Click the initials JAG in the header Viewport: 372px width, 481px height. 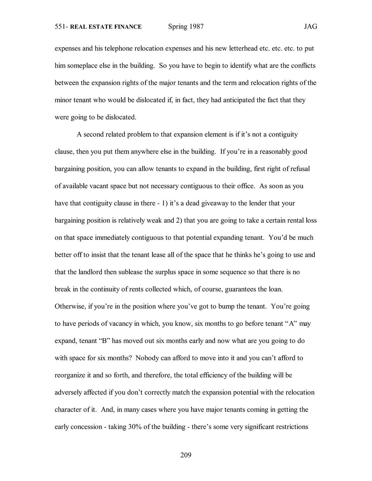point(310,27)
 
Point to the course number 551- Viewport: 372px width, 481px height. point(61,27)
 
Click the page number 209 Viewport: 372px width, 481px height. point(186,455)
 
